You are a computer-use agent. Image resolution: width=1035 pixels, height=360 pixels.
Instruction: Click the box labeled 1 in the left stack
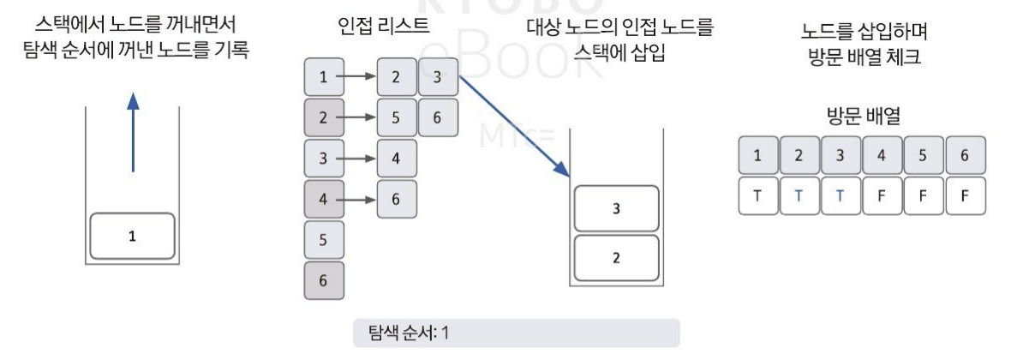pyautogui.click(x=132, y=236)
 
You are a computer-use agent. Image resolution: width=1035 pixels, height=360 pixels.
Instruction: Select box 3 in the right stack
pyautogui.click(x=615, y=207)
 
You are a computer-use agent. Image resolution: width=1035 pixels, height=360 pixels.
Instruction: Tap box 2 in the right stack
pyautogui.click(x=615, y=256)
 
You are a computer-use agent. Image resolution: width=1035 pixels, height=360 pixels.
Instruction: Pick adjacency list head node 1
pyautogui.click(x=323, y=77)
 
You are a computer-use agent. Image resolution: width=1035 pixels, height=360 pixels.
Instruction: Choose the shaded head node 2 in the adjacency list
pyautogui.click(x=323, y=117)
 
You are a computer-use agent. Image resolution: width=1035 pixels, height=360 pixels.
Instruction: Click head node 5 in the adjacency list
pyautogui.click(x=323, y=241)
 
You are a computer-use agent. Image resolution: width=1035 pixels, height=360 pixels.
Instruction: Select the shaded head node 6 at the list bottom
pyautogui.click(x=323, y=280)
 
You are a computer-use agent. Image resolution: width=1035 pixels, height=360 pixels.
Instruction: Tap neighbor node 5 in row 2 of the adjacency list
pyautogui.click(x=395, y=117)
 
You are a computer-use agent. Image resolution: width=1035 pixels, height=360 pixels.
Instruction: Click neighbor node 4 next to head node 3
pyautogui.click(x=395, y=159)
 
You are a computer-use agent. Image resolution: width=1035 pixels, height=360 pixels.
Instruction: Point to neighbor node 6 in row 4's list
pyautogui.click(x=395, y=199)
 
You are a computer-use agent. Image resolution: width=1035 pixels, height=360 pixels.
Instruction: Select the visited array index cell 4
pyautogui.click(x=882, y=155)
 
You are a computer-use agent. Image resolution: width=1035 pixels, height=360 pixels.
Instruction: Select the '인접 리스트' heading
pyautogui.click(x=385, y=26)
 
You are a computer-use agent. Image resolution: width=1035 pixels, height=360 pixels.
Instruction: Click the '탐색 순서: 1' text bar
pyautogui.click(x=516, y=333)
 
